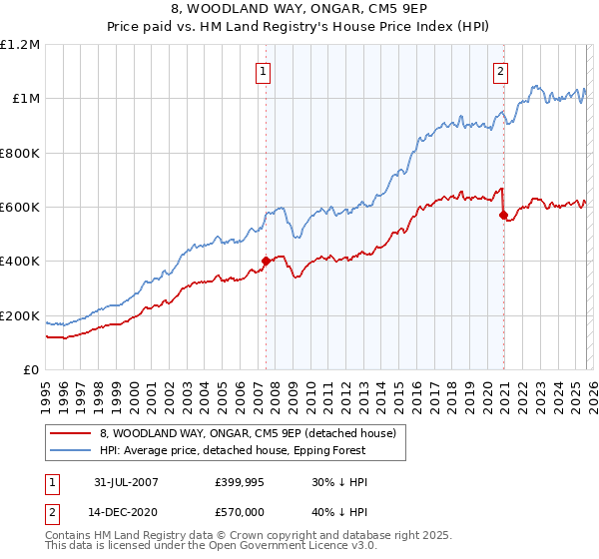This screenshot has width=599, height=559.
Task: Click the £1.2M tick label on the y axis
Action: click(x=20, y=44)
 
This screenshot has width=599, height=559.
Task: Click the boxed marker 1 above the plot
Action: click(x=264, y=71)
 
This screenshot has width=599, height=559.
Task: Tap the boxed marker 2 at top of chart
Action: click(x=499, y=71)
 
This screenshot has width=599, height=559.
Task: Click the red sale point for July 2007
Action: click(x=266, y=262)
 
